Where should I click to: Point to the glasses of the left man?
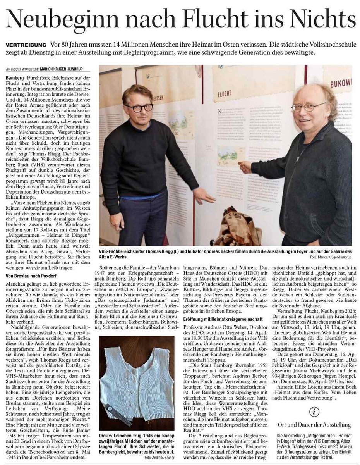(x=139, y=108)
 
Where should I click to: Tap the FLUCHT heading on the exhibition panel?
(x=225, y=93)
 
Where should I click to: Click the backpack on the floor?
(x=237, y=229)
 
